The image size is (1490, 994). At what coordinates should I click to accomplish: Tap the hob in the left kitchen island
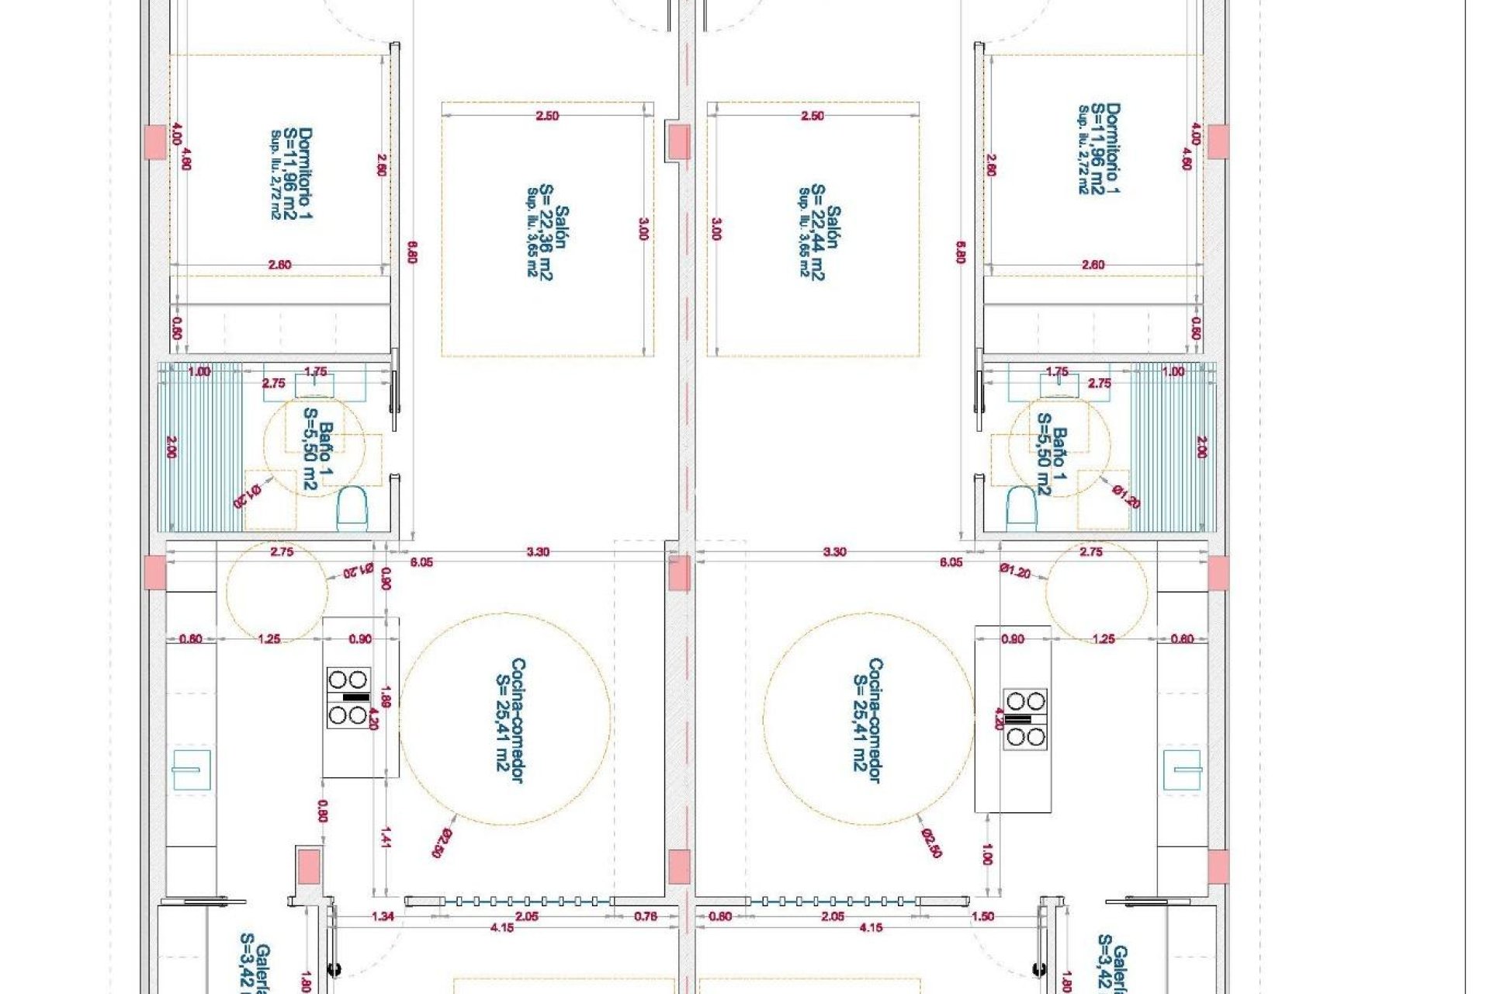[x=348, y=697]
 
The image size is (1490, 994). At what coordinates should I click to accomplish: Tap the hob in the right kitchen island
[x=1025, y=719]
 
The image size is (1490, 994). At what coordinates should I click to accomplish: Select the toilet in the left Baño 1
[x=352, y=509]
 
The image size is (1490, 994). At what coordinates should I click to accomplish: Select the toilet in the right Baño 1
[x=1020, y=509]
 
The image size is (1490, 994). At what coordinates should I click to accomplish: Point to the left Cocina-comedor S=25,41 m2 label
[x=510, y=721]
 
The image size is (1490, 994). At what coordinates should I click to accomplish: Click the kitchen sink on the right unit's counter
[x=1181, y=770]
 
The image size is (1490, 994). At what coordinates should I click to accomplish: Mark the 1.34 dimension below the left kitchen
[x=383, y=916]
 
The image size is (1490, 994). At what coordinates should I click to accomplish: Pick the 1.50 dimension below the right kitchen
[x=982, y=916]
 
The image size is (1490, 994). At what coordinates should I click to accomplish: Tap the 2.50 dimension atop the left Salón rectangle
[x=546, y=116]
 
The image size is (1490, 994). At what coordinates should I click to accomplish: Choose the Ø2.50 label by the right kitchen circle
[x=931, y=843]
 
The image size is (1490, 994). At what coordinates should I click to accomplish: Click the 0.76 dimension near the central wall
[x=645, y=916]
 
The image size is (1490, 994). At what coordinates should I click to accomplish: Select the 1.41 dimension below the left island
[x=386, y=836]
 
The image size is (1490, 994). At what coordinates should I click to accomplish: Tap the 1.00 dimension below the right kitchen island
[x=986, y=854]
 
